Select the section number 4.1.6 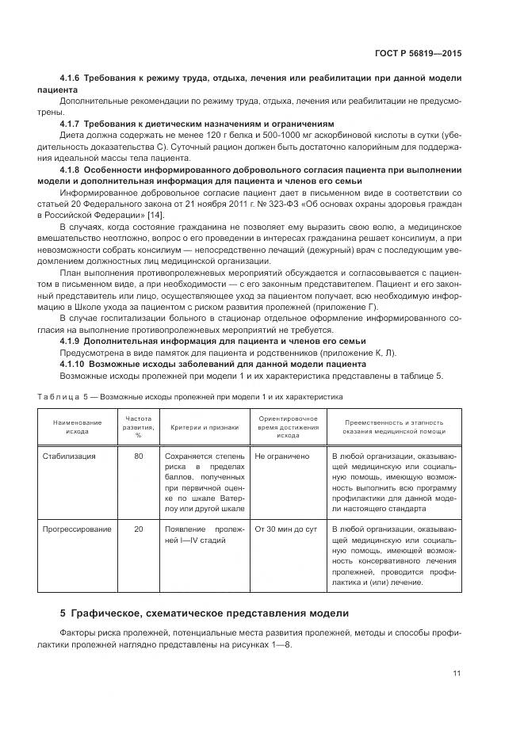74,79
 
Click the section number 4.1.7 74,124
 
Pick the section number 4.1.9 74,341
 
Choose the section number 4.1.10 76,364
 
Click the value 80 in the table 139,456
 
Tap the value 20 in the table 139,529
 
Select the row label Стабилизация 69,456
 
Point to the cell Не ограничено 281,456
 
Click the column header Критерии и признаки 204,427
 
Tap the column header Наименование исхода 77,427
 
